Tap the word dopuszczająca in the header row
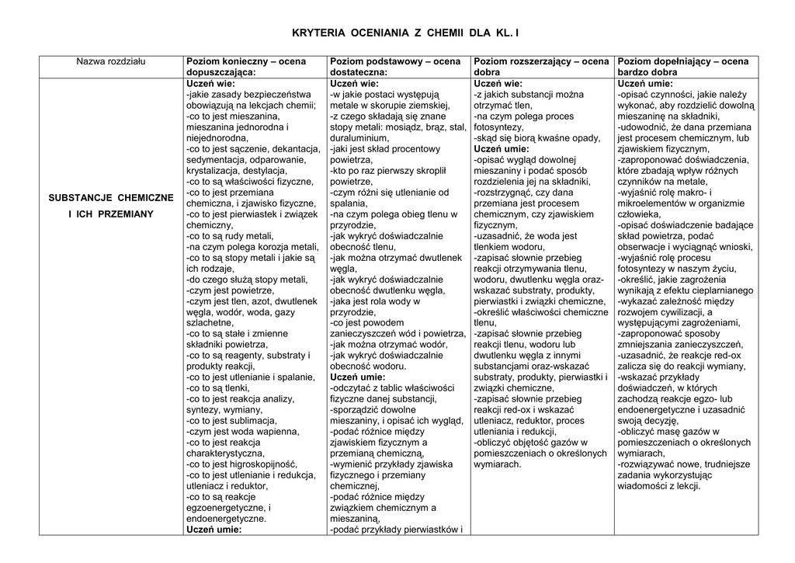click(x=220, y=71)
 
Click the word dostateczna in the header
click(x=357, y=71)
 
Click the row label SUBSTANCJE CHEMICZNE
click(x=112, y=198)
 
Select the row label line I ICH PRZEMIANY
click(x=112, y=214)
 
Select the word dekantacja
click(x=292, y=148)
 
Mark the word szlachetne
click(x=209, y=323)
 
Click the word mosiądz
click(x=393, y=127)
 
